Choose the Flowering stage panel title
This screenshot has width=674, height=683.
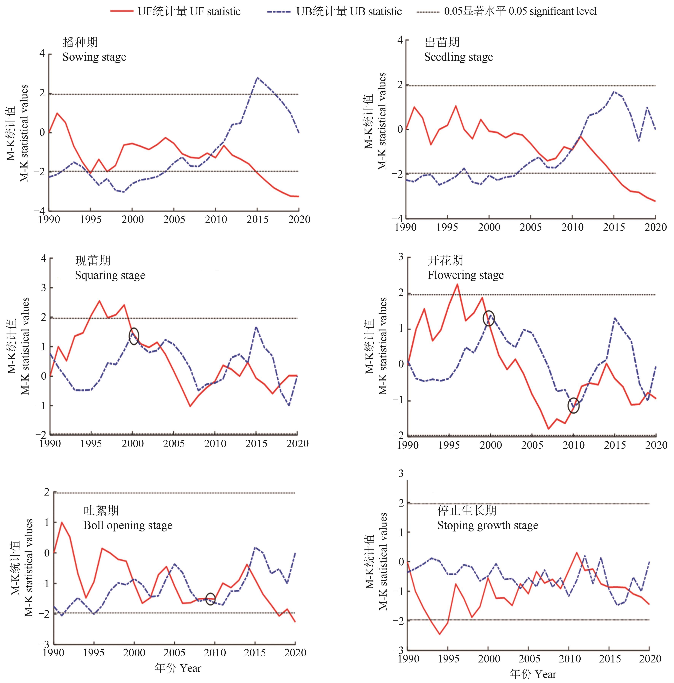coord(465,268)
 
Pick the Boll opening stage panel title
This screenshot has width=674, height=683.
coord(128,518)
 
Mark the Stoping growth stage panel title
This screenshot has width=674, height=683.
coord(487,518)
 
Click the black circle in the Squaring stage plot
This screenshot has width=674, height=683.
coord(134,336)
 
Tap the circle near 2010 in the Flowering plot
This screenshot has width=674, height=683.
coord(573,406)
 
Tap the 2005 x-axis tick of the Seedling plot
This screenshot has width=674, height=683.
coord(530,227)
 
